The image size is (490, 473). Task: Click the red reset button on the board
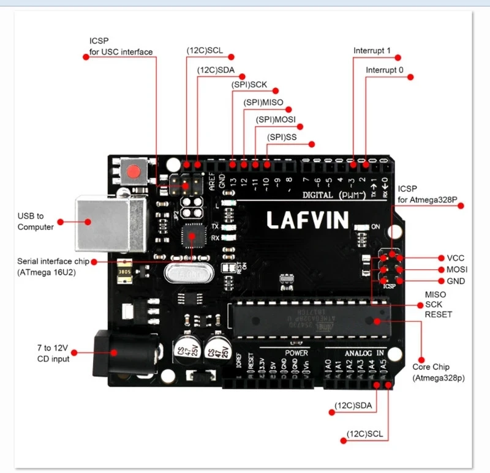click(x=133, y=172)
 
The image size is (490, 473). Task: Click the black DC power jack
click(x=116, y=353)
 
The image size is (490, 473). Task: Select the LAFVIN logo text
click(x=307, y=219)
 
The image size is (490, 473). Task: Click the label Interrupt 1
click(x=372, y=50)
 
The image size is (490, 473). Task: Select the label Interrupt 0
click(x=385, y=70)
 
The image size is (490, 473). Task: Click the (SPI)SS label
click(x=282, y=138)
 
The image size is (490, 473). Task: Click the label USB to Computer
click(x=35, y=222)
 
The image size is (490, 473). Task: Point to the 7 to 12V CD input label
click(x=53, y=353)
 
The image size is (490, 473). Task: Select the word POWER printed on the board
click(x=296, y=353)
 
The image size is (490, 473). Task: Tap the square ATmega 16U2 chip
click(x=193, y=236)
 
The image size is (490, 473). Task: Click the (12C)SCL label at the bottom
click(x=365, y=434)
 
